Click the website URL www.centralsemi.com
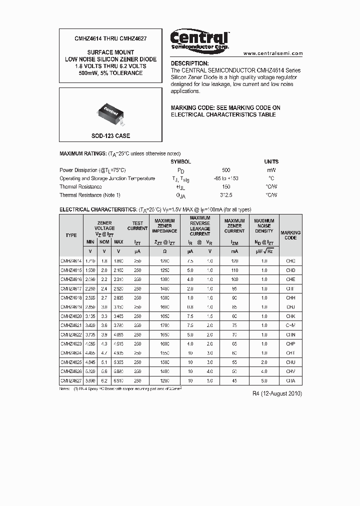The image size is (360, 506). (x=273, y=53)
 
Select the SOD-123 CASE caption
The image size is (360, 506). (x=110, y=136)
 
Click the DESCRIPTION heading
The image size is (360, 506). (x=190, y=63)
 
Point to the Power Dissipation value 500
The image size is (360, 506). (x=226, y=170)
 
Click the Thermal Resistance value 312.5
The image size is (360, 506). (x=226, y=195)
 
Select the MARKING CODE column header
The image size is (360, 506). (x=290, y=235)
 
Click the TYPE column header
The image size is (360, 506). (x=71, y=235)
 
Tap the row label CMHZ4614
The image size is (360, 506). (x=71, y=261)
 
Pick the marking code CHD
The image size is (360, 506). (x=290, y=270)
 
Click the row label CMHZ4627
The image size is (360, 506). (x=71, y=380)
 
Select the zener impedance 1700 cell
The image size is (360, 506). (x=164, y=325)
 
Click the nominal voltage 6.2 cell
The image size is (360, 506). (x=104, y=380)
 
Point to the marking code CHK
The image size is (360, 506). (x=290, y=316)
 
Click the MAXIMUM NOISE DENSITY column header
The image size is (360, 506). (x=264, y=225)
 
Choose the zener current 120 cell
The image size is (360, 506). (x=234, y=261)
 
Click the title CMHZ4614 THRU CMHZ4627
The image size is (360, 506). (x=110, y=38)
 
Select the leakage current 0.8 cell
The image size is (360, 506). (x=190, y=307)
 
